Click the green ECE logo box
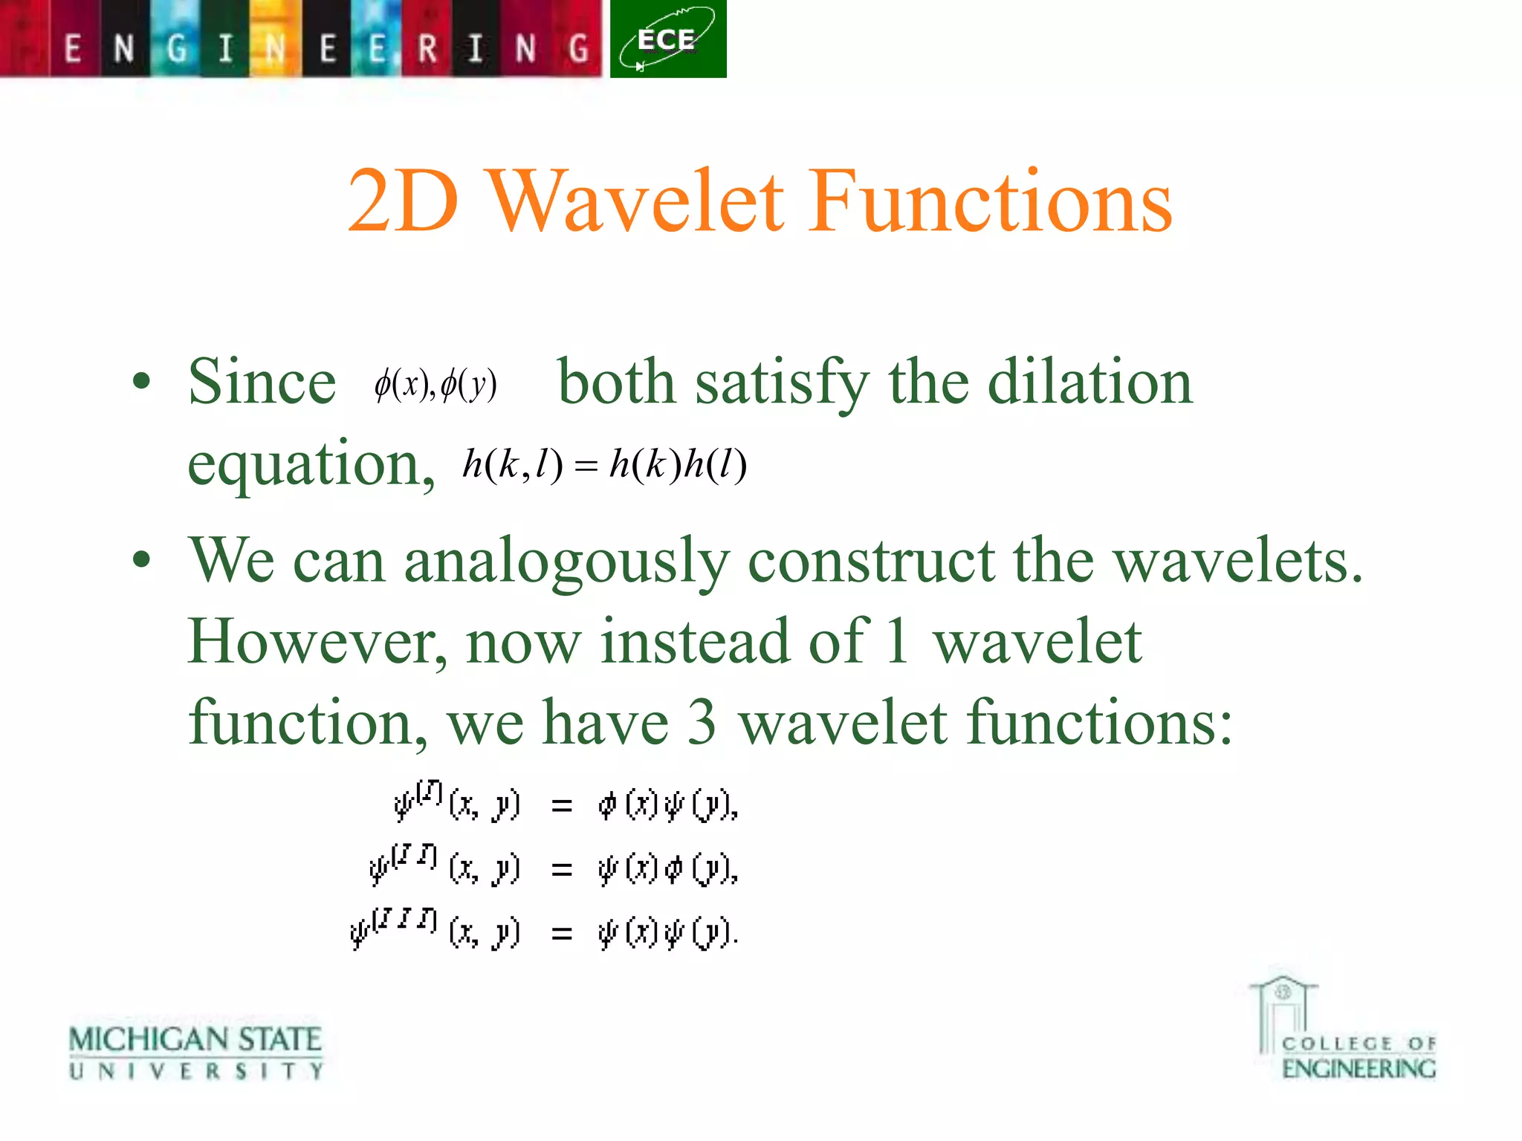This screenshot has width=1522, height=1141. (667, 39)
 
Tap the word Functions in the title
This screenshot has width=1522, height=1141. (991, 202)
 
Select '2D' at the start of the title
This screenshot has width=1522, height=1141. (402, 202)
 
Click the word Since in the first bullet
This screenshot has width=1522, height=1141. (262, 382)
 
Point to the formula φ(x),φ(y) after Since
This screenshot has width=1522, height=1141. (435, 385)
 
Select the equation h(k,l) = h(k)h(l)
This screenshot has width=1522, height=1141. (604, 465)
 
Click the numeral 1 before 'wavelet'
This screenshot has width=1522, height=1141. (897, 642)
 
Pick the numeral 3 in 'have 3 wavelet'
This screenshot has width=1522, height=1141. (702, 723)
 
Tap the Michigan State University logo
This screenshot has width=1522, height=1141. (195, 1052)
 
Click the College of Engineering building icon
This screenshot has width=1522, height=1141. (1283, 1013)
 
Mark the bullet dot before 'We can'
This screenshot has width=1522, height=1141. (141, 560)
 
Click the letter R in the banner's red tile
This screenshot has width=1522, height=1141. (427, 49)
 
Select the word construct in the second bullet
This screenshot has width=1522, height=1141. (870, 562)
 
